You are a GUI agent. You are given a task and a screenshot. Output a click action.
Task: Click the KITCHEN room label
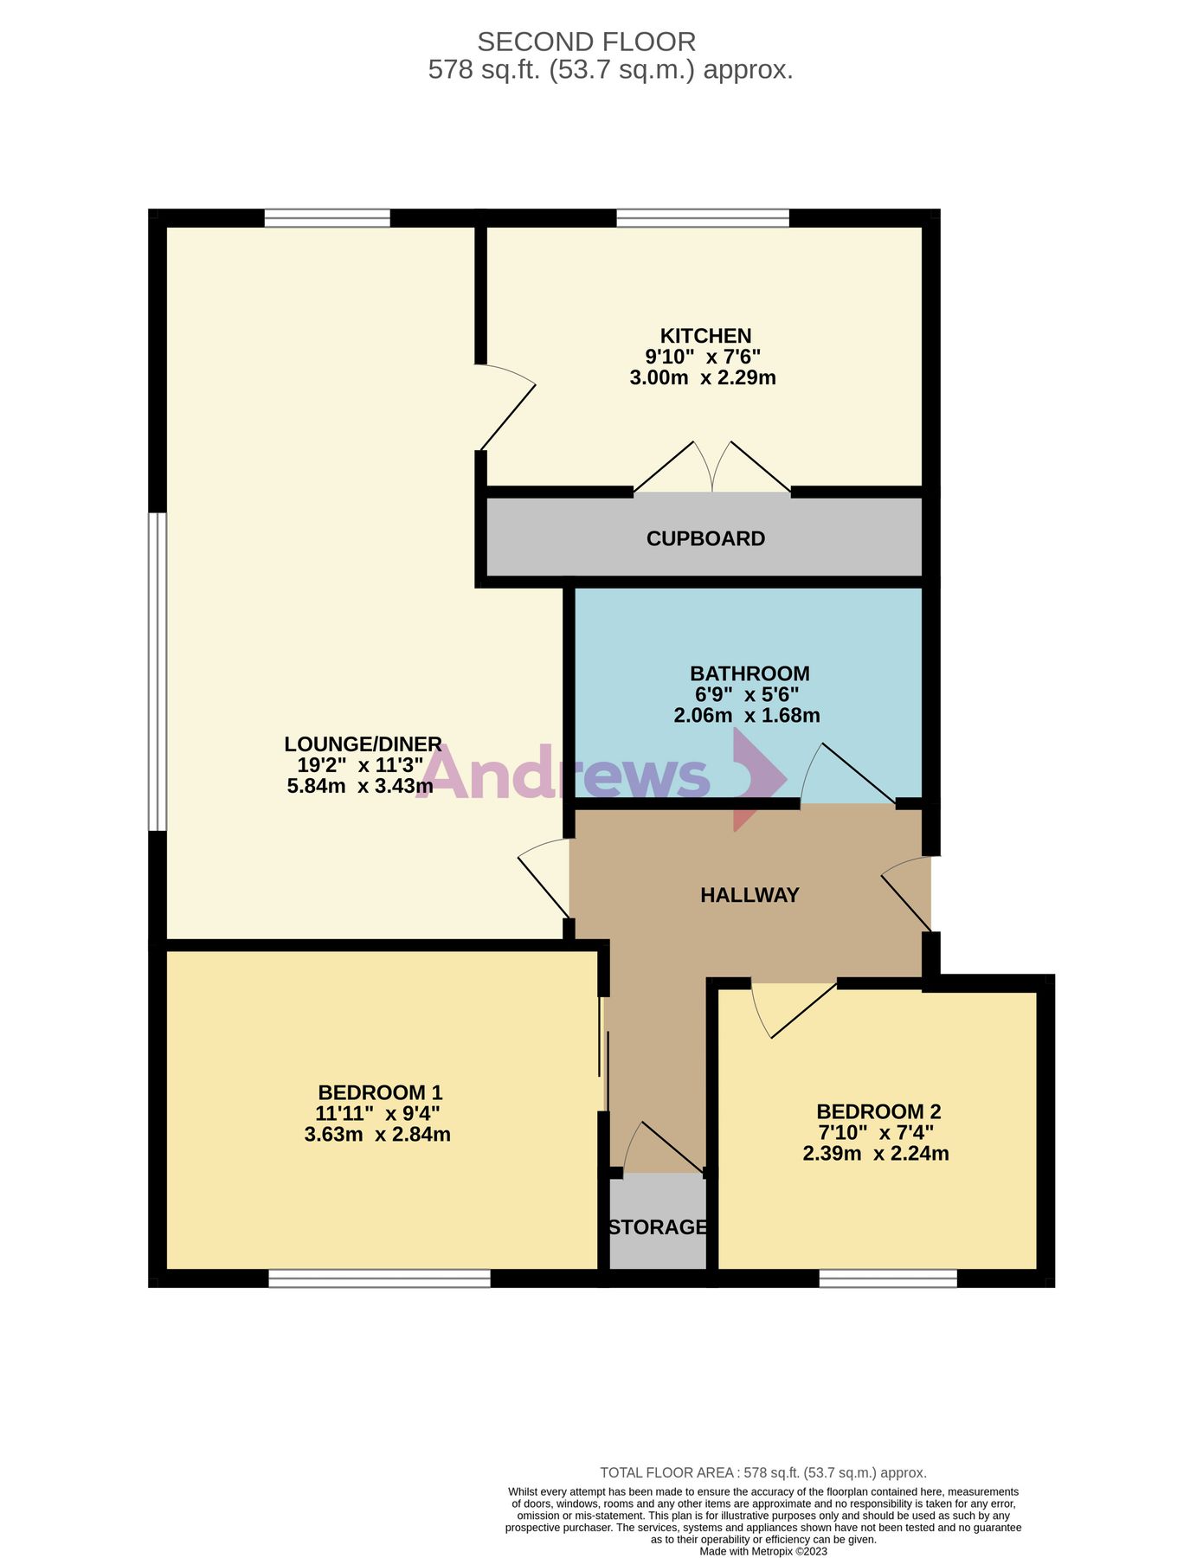[705, 336]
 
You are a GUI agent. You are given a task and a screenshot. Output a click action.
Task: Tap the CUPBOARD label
[705, 538]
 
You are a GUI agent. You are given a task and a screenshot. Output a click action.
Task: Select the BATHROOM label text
[749, 673]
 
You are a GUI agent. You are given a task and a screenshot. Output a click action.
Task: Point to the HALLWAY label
[749, 895]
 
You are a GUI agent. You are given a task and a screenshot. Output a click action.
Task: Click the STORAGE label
[658, 1226]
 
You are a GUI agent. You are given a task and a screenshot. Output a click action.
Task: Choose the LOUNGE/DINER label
[363, 744]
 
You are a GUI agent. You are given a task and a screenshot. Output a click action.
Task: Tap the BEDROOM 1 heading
[380, 1092]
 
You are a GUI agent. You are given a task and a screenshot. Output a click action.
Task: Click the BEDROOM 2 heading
[878, 1111]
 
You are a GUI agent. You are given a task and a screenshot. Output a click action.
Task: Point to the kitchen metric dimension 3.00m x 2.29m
[703, 377]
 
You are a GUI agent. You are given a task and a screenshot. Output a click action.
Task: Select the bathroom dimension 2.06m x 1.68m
[747, 715]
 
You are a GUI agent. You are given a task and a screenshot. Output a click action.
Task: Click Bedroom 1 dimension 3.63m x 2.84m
[377, 1134]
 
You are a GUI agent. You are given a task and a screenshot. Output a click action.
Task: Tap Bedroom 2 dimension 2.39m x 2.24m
[876, 1153]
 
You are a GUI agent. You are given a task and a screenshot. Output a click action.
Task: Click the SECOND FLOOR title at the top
[586, 42]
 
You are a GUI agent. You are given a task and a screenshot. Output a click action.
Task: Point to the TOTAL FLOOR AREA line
[763, 1472]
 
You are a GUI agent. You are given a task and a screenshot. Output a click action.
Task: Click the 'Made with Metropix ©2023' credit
[763, 1551]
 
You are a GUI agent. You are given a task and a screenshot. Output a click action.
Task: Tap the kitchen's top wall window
[703, 218]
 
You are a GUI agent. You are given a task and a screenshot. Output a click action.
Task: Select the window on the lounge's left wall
[157, 672]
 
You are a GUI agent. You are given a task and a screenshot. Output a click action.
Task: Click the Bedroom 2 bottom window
[888, 1278]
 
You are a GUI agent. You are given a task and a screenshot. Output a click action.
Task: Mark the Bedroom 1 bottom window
[379, 1278]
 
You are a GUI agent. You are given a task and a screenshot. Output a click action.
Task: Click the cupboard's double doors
[712, 472]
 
